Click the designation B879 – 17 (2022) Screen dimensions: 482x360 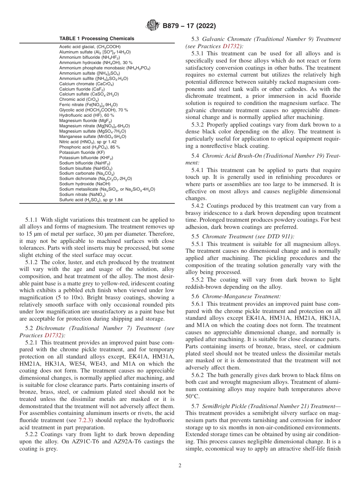click(189, 26)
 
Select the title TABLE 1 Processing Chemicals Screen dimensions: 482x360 click(97, 39)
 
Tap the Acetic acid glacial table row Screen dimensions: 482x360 click(90, 47)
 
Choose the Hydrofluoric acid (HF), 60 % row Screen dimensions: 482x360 click(87, 115)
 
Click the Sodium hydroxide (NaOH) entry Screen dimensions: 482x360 click(79, 184)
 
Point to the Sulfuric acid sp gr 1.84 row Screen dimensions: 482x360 click(91, 200)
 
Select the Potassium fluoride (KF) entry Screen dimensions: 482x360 click(82, 152)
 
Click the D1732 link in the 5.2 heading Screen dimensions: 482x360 click(53, 335)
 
